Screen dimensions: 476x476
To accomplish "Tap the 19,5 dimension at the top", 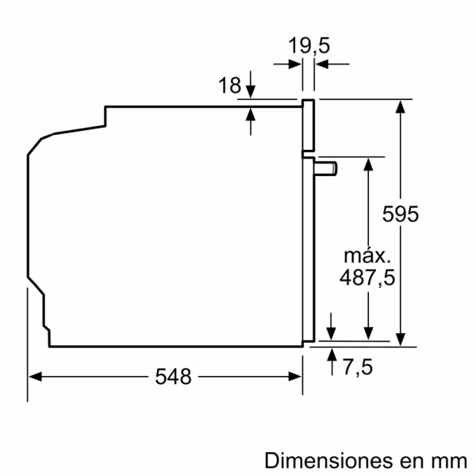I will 309,47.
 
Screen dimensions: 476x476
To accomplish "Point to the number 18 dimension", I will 229,86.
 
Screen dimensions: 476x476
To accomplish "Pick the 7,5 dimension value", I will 358,367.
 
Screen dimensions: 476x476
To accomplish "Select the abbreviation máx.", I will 367,255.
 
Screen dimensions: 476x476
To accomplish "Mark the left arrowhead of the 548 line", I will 34,377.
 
